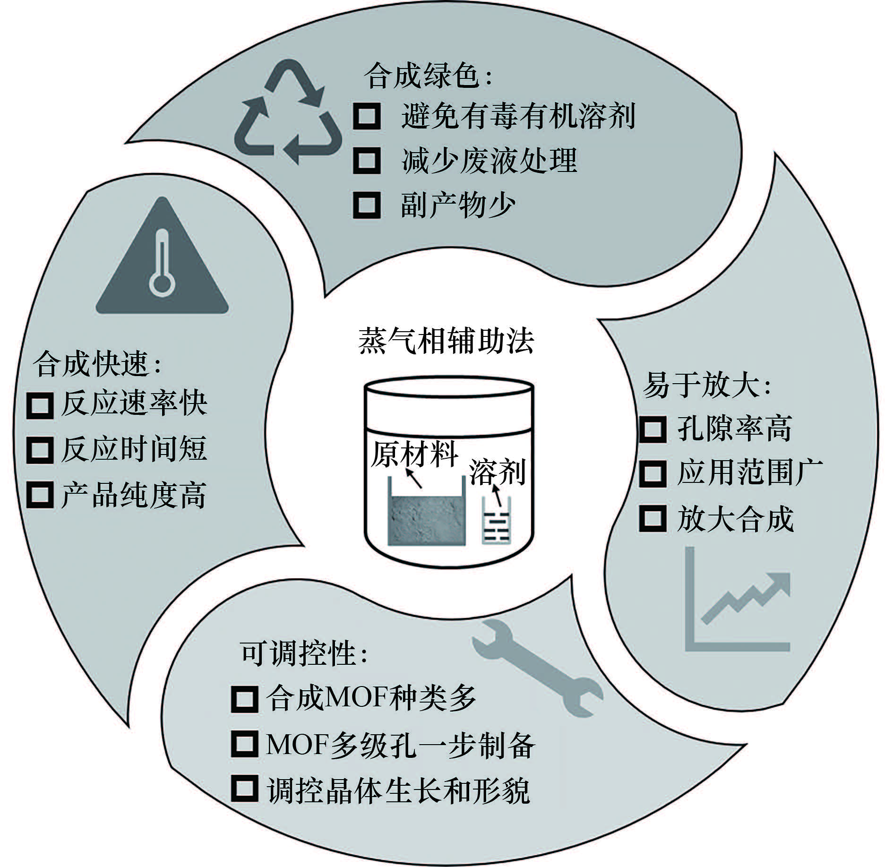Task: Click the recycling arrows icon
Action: coord(288,112)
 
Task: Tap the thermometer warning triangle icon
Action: coord(162,256)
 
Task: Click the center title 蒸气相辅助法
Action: coord(446,341)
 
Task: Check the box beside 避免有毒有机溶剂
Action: coord(367,115)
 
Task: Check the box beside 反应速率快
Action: coord(40,404)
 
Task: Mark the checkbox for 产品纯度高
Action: coord(40,495)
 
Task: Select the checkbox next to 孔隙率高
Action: coord(653,429)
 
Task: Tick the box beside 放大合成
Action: coord(653,518)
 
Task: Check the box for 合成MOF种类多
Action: coord(245,698)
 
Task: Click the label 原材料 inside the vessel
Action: coord(414,455)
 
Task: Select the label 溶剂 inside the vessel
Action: coord(498,472)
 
